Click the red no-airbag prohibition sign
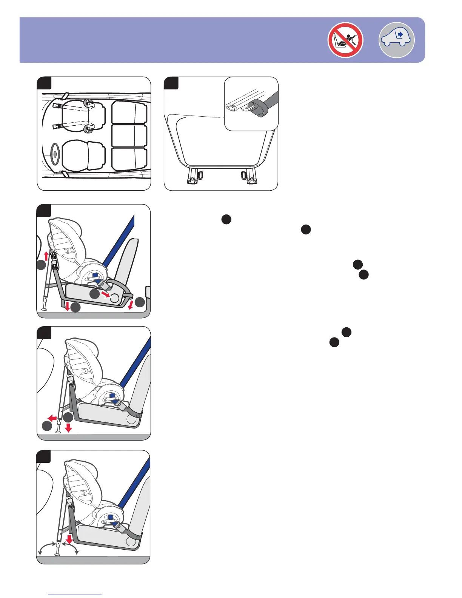tap(345, 40)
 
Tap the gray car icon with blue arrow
tap(396, 40)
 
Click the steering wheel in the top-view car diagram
tap(55, 154)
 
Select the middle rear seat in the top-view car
tap(129, 136)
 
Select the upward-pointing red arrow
tap(46, 256)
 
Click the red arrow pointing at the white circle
tap(105, 294)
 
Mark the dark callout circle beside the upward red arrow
tap(41, 266)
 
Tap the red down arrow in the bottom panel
tap(69, 539)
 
